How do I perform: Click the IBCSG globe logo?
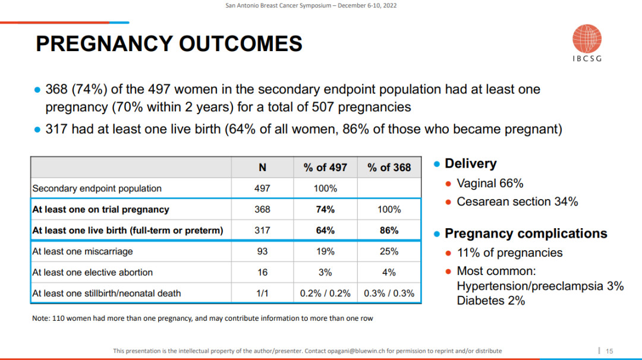587,39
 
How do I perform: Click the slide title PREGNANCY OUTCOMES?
169,44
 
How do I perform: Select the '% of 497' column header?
325,168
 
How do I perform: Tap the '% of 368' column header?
389,168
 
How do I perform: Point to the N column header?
262,168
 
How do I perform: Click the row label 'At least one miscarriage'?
83,251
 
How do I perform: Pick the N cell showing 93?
262,251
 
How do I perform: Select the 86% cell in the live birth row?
389,230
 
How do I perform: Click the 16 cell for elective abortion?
262,272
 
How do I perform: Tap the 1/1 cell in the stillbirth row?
262,293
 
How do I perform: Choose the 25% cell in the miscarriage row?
389,251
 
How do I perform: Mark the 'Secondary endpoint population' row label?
97,188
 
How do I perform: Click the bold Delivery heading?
470,164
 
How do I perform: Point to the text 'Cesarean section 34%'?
517,201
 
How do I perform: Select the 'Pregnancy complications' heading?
525,233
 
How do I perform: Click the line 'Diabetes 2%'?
491,301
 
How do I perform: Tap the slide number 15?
609,350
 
